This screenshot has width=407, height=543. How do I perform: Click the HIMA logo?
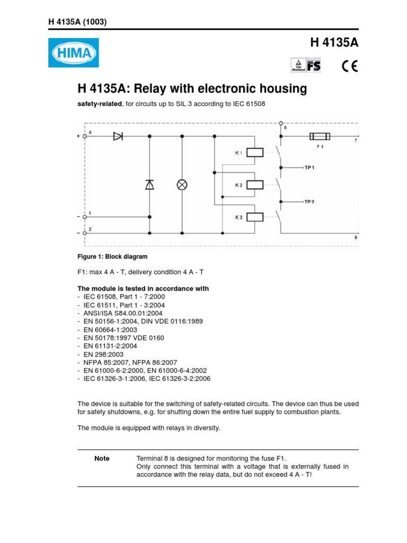[x=73, y=53]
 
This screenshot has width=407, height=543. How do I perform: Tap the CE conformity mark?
[x=349, y=66]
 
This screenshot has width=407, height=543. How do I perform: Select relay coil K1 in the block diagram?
[x=255, y=153]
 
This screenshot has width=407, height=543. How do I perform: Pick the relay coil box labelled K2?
[x=255, y=185]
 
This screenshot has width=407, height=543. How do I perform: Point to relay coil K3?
[x=255, y=216]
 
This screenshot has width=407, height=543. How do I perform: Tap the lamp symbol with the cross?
[x=182, y=185]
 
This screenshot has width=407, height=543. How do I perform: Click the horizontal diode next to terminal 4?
[x=118, y=136]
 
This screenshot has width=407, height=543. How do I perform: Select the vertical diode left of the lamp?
[x=149, y=185]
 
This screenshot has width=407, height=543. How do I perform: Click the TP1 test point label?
[x=309, y=167]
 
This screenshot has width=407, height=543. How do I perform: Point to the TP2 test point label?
[x=309, y=202]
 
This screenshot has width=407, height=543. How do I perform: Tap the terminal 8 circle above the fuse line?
[x=280, y=122]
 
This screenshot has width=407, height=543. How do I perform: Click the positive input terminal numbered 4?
[x=85, y=136]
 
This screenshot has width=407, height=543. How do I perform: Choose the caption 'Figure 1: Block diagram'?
[x=112, y=257]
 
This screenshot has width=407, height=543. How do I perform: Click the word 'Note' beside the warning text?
[x=102, y=459]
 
